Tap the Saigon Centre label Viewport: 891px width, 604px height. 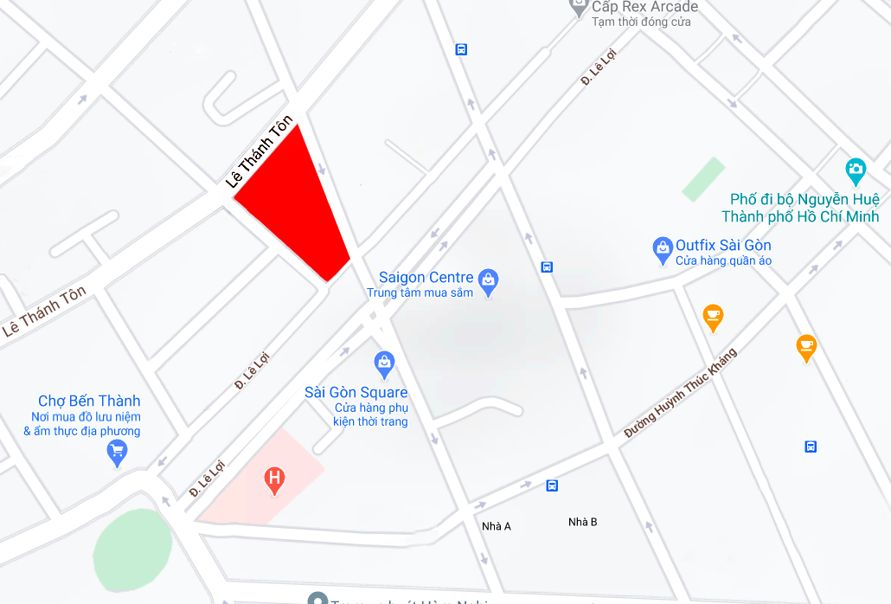[426, 278]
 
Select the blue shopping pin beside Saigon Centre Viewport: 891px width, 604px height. [489, 281]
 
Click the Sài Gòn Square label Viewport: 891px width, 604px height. [356, 392]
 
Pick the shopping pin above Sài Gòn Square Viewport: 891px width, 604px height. [384, 363]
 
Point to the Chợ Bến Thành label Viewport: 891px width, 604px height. [89, 401]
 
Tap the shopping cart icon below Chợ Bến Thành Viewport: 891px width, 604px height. [117, 451]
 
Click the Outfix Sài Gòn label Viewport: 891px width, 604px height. [723, 245]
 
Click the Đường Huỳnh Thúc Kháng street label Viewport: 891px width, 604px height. [681, 392]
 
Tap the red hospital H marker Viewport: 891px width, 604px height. [275, 479]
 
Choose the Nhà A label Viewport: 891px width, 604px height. [497, 526]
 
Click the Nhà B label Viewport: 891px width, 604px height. [582, 522]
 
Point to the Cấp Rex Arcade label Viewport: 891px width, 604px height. [644, 7]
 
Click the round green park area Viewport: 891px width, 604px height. [132, 550]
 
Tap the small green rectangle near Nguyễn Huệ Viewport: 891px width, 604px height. [702, 179]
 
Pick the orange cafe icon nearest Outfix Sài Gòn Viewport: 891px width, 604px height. [713, 317]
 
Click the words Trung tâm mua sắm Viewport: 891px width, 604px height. [420, 293]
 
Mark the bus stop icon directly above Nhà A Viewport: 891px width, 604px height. [552, 485]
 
